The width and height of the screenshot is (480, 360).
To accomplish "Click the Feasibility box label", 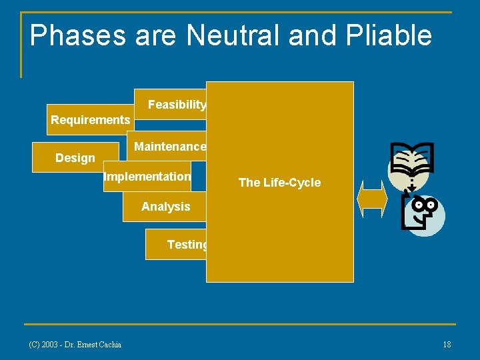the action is tap(177, 105).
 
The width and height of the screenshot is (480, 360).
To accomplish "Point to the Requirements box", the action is tap(90, 120).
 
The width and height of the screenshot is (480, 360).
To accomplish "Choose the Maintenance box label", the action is tap(170, 146).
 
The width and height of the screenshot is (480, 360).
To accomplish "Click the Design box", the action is tap(75, 158).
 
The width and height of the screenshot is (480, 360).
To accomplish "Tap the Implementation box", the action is tap(147, 177).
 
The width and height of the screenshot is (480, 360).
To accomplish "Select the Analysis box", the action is tap(165, 207).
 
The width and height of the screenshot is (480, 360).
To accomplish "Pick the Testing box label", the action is tap(187, 245).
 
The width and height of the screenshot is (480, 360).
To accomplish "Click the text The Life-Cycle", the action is tap(279, 183).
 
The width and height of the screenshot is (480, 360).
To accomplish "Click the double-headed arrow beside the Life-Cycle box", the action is tap(372, 201).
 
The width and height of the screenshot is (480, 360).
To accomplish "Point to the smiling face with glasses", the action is tap(424, 213).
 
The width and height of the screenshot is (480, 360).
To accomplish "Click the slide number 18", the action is tap(447, 344).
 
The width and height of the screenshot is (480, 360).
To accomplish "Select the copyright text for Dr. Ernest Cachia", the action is tap(75, 344).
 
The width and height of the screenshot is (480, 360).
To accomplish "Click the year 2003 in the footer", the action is tap(50, 344).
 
